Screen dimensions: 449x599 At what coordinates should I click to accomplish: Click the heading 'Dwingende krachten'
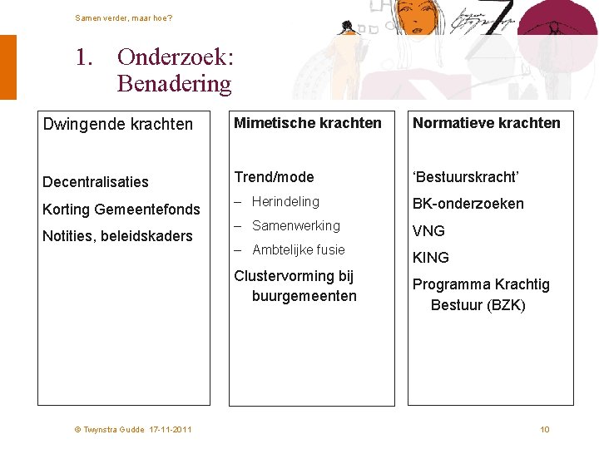[x=118, y=124]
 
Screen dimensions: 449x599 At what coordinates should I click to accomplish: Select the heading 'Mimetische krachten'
[x=308, y=123]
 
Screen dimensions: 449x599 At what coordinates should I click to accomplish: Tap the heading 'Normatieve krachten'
[x=487, y=123]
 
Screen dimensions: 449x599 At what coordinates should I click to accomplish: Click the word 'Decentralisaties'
[x=96, y=182]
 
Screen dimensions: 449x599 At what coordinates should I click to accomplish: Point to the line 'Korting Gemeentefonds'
[x=121, y=209]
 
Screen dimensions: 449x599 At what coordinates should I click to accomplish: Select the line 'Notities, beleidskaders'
[x=117, y=236]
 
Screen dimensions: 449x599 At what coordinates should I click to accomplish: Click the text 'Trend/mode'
[x=274, y=176]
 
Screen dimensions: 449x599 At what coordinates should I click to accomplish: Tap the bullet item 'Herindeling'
[x=285, y=201]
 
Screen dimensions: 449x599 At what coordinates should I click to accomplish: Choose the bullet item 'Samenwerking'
[x=295, y=225]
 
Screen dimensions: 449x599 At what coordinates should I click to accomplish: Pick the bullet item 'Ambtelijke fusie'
[x=298, y=249]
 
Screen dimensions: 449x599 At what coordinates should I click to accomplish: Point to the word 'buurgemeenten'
[x=304, y=296]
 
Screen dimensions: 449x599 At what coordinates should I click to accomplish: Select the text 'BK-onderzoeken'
[x=468, y=204]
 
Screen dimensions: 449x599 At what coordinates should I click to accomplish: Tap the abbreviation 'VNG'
[x=429, y=231]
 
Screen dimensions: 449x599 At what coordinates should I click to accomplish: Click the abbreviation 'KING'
[x=431, y=258]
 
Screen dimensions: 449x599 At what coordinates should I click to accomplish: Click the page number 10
[x=545, y=429]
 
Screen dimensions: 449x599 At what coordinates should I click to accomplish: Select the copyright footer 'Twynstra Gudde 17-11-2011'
[x=133, y=429]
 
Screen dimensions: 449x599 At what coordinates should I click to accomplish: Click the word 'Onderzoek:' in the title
[x=176, y=57]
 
